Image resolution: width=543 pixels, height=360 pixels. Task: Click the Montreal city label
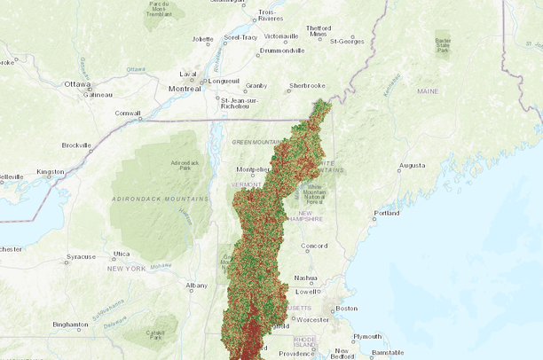[185, 88]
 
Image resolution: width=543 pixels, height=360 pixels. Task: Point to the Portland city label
[387, 213]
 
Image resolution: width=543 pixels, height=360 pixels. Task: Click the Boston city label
[346, 309]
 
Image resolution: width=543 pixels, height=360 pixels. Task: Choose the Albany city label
[196, 286]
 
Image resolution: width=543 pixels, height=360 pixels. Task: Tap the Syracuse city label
[81, 257]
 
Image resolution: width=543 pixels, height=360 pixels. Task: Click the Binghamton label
[71, 325]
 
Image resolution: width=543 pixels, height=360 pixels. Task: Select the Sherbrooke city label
[307, 86]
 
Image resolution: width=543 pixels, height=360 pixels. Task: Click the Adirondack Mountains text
[160, 199]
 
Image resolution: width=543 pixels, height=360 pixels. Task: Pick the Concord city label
[314, 246]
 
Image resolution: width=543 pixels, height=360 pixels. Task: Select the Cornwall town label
[128, 113]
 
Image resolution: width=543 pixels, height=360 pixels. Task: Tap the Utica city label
[121, 254]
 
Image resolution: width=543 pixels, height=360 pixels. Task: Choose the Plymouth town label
[366, 337]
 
